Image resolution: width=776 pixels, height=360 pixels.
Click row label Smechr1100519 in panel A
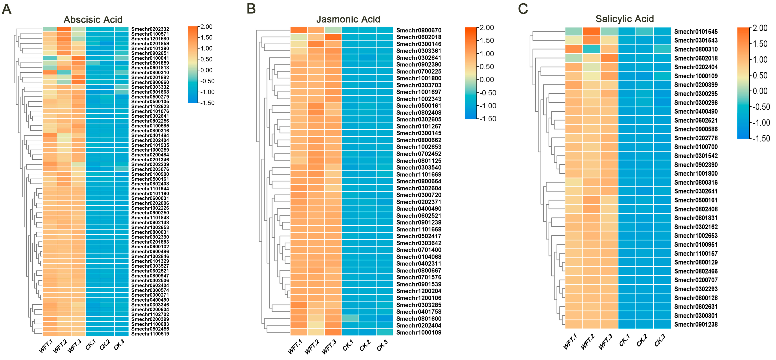pos(150,334)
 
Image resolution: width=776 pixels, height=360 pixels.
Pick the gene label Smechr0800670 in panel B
pos(419,30)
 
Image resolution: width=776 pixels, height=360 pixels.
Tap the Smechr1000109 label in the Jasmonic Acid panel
pos(419,333)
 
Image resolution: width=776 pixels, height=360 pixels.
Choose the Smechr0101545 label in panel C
pos(696,32)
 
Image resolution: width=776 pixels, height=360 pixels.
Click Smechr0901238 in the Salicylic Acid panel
pos(696,324)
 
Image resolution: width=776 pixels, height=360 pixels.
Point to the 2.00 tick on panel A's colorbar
pos(206,27)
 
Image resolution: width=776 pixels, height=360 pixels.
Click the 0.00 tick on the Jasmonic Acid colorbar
pos(487,80)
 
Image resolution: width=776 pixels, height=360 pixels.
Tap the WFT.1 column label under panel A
pos(46,346)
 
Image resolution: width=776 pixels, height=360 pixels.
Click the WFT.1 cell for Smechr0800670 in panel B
pos(299,30)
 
